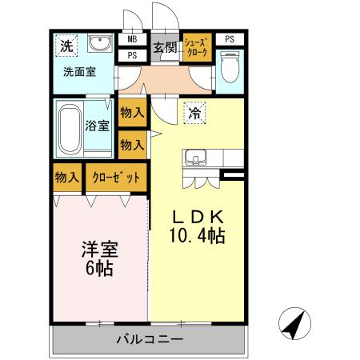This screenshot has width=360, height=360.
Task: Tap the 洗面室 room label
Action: tap(80, 71)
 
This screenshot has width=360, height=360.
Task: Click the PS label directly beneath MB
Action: tap(131, 55)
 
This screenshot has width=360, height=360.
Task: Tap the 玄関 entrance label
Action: tap(165, 47)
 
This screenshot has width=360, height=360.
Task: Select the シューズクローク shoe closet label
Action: tap(197, 46)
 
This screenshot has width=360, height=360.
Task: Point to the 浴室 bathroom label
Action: tap(98, 125)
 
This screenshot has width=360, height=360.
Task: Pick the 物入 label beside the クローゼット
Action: tap(66, 177)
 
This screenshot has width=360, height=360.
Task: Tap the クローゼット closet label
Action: tap(116, 177)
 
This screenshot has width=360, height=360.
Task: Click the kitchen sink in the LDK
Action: tap(197, 158)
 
